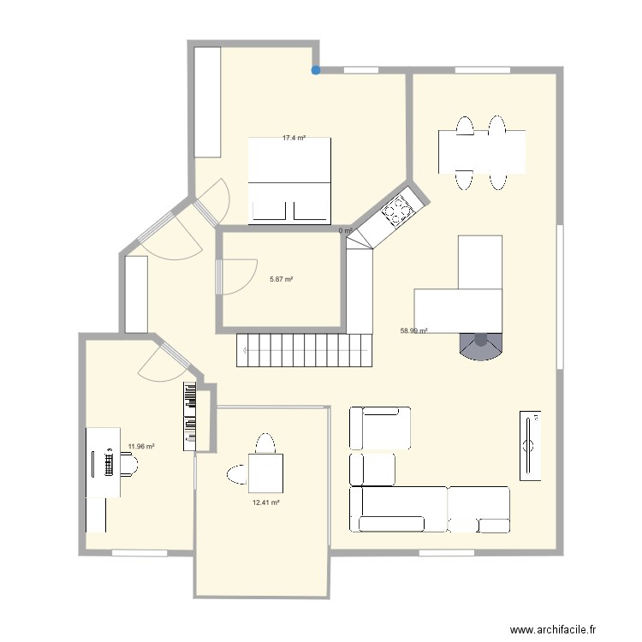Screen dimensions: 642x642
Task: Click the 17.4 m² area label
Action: [294, 138]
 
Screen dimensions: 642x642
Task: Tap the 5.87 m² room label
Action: [282, 279]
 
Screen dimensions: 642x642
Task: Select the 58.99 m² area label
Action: [414, 330]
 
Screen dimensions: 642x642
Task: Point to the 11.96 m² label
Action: [141, 446]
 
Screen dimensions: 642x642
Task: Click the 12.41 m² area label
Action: [265, 502]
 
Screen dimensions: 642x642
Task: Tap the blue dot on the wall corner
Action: [316, 70]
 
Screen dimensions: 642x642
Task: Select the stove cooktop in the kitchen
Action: [397, 210]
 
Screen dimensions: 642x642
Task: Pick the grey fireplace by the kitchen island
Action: [480, 345]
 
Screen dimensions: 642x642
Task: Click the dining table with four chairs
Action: [482, 152]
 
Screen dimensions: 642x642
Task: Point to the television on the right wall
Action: [531, 444]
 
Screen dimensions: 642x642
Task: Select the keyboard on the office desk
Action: [108, 463]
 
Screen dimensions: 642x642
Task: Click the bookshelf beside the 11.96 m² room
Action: [190, 416]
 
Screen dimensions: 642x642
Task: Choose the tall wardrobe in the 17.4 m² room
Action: [207, 102]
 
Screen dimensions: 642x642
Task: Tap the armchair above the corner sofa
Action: [379, 428]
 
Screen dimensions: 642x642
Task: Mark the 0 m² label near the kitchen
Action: [345, 231]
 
